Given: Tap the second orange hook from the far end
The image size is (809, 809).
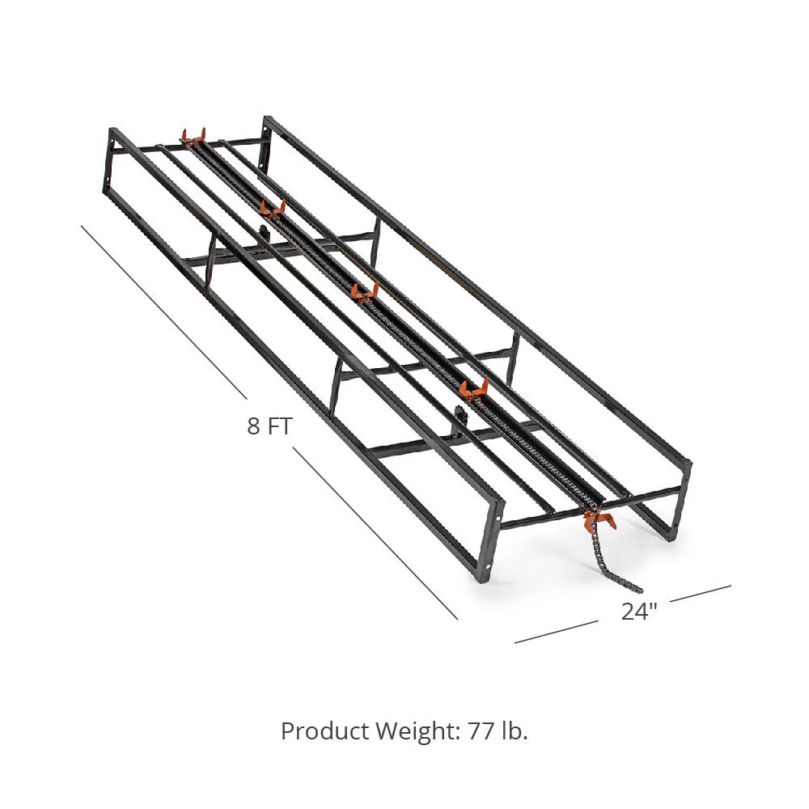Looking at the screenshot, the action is (273, 209).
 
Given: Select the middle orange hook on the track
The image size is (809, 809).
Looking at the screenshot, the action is (365, 292).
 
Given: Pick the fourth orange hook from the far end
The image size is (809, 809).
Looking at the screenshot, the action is (473, 389).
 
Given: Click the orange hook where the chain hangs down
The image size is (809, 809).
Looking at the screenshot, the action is (599, 519).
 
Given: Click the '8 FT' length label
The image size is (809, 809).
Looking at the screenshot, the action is (270, 426).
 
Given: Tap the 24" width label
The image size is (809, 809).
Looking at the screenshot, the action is (639, 612).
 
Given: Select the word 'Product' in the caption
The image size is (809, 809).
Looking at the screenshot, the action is (325, 731).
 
